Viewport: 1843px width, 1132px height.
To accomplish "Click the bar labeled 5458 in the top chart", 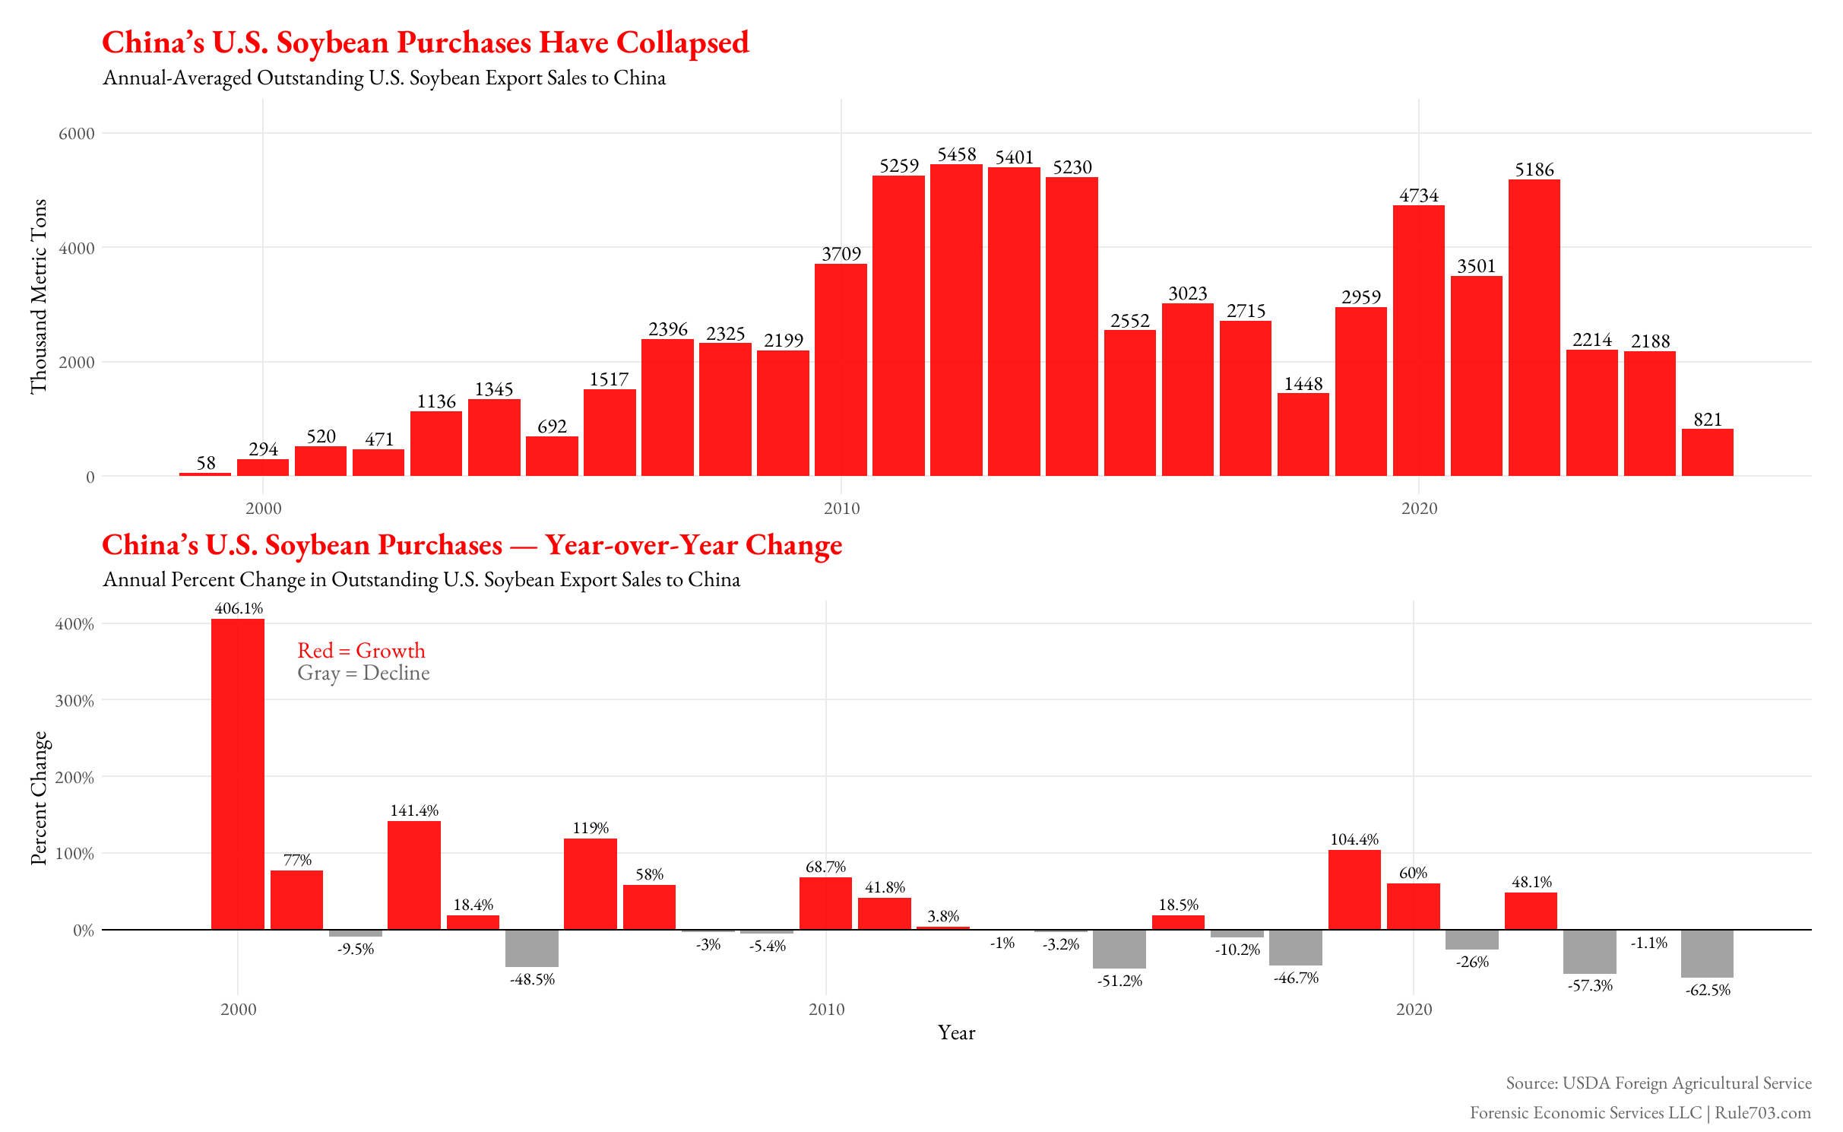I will click(x=956, y=319).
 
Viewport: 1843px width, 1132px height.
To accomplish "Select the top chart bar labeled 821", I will click(x=1707, y=452).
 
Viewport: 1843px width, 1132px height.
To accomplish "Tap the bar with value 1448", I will click(x=1303, y=434).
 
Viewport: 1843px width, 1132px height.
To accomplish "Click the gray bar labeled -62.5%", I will click(x=1707, y=953).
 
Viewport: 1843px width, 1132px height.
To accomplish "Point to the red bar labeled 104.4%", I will click(x=1354, y=889).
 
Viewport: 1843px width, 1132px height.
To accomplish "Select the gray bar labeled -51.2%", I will click(x=1119, y=949).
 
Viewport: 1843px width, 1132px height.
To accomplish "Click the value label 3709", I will click(x=841, y=254).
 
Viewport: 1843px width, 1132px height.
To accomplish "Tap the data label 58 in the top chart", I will click(x=206, y=463).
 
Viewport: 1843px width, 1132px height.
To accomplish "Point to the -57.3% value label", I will click(x=1590, y=986).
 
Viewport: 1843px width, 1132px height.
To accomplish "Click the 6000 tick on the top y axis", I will click(x=77, y=134).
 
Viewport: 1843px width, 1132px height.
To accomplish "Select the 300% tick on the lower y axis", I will click(x=74, y=701).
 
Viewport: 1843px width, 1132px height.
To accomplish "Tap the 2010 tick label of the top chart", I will click(x=841, y=509).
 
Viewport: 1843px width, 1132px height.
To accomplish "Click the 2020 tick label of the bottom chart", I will click(x=1414, y=1010).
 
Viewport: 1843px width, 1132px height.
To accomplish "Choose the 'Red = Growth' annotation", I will click(x=361, y=651).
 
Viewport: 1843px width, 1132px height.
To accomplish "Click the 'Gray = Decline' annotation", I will click(x=363, y=674).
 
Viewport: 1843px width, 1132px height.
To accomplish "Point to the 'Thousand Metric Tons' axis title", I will click(x=38, y=296).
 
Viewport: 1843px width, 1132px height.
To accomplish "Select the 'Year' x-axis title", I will click(x=956, y=1032).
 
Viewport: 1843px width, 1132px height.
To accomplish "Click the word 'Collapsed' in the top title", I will click(x=682, y=43).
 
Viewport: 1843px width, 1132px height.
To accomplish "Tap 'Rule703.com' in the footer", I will click(x=1762, y=1113).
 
